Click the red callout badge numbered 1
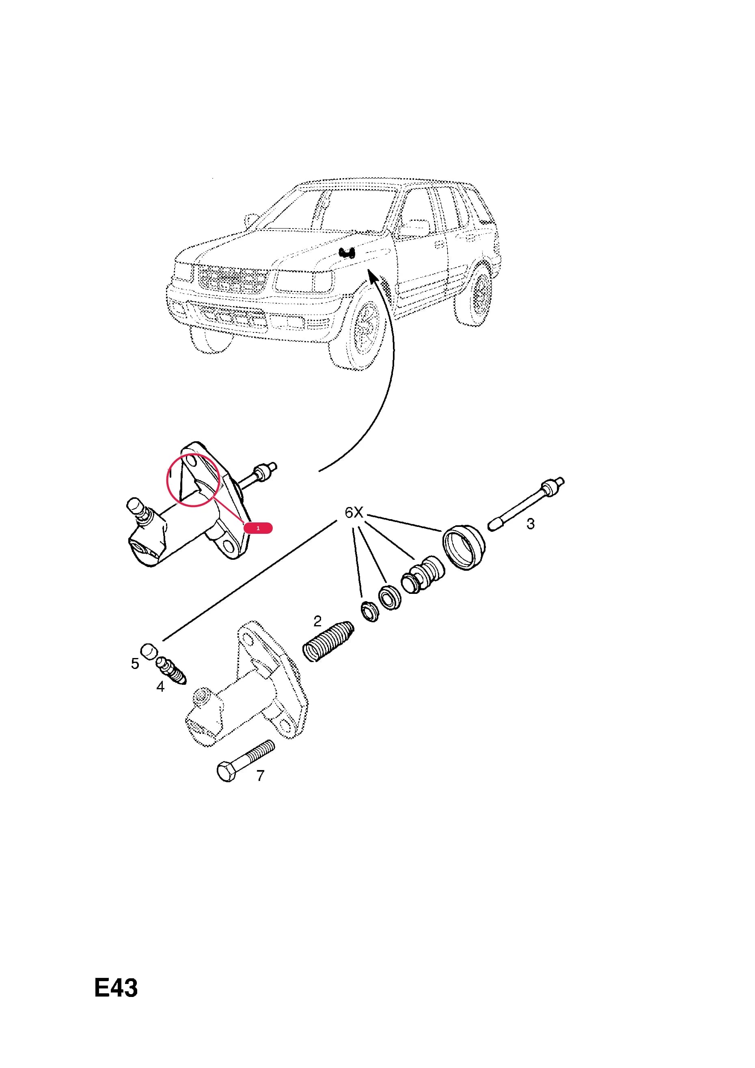pyautogui.click(x=258, y=528)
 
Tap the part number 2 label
pyautogui.click(x=317, y=621)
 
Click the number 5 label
pyautogui.click(x=135, y=664)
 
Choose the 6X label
pyautogui.click(x=354, y=513)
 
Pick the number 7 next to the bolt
pyautogui.click(x=261, y=775)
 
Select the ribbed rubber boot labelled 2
pyautogui.click(x=328, y=641)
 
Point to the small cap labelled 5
pyautogui.click(x=149, y=651)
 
